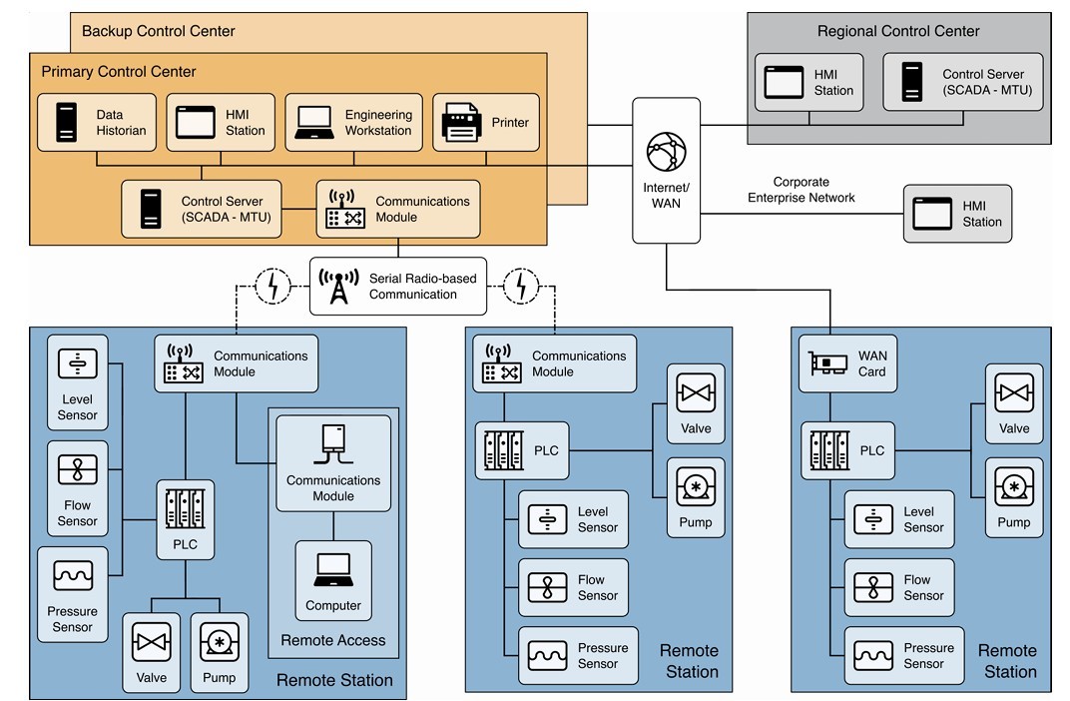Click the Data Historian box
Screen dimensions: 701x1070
click(97, 122)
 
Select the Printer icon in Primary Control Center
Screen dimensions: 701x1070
click(462, 123)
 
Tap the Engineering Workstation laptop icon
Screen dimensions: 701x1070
click(314, 123)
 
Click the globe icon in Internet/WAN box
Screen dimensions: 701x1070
click(666, 152)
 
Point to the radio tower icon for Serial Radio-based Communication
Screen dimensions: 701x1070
click(339, 287)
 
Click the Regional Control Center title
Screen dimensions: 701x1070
click(898, 31)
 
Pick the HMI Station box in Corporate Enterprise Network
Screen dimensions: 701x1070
click(957, 214)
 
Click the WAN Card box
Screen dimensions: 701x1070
click(846, 363)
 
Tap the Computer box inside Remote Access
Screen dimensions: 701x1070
click(333, 579)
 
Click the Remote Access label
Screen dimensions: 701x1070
click(333, 640)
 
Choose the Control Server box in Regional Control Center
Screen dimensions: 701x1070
click(962, 82)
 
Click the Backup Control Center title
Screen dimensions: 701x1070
click(159, 31)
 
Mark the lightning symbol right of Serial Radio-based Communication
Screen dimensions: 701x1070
click(520, 287)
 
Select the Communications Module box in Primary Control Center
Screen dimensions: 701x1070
click(398, 209)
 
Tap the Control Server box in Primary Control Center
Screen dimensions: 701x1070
click(201, 209)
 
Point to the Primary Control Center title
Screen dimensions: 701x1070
click(119, 72)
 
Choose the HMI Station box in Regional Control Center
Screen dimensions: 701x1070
click(808, 82)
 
